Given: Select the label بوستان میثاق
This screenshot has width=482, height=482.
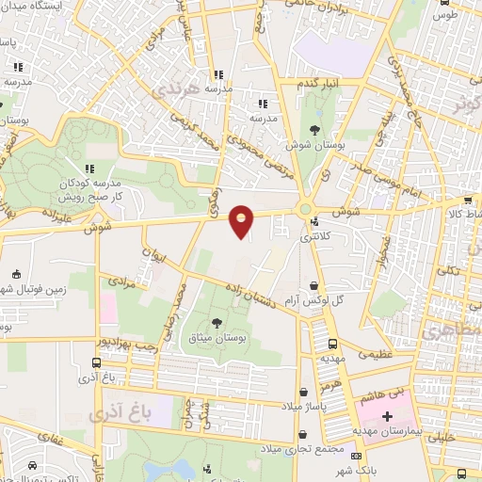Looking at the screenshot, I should click(217, 336).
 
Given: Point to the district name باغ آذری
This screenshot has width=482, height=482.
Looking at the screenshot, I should click(113, 412).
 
